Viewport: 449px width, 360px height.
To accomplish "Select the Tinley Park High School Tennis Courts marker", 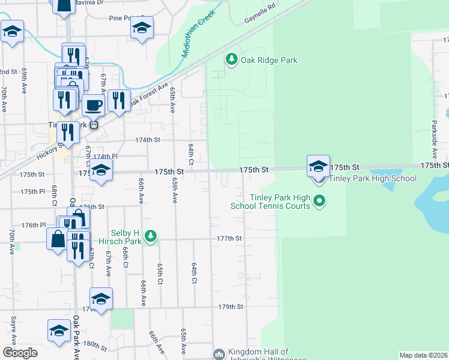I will pyautogui.click(x=319, y=202).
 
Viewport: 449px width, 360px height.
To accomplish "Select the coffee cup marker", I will pyautogui.click(x=93, y=106).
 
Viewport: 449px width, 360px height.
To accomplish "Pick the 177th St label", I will pyautogui.click(x=229, y=238).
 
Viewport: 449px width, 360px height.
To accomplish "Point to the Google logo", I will pyautogui.click(x=20, y=353).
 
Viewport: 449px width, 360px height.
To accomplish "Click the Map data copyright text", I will pyautogui.click(x=423, y=355).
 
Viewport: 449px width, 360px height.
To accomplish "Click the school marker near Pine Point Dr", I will pyautogui.click(x=142, y=28).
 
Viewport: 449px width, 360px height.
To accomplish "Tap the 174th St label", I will pyautogui.click(x=148, y=140).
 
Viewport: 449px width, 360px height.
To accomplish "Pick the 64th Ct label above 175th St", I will pyautogui.click(x=191, y=154).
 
